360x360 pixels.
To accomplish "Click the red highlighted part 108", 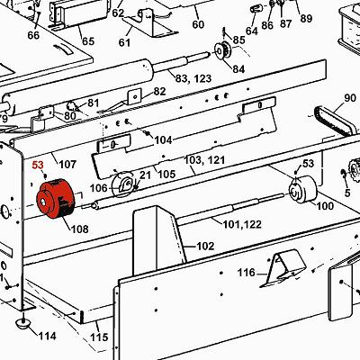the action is [55, 199].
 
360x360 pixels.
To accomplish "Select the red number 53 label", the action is [38, 165].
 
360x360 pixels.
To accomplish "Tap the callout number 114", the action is [47, 336].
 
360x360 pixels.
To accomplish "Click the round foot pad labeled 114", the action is [22, 323].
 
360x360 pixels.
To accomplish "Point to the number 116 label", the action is [246, 273].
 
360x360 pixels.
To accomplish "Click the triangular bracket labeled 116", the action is [282, 268].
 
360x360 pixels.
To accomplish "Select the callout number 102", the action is [205, 247].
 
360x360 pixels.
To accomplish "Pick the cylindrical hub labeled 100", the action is [302, 190].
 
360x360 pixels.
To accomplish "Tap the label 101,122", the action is [242, 224].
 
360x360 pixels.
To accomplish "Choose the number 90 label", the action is [350, 98].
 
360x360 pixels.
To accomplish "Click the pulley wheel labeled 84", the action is [222, 51].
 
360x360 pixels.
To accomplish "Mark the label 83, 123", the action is [193, 78].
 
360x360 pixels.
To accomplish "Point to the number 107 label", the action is [67, 165].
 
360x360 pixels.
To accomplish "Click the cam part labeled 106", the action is [122, 184].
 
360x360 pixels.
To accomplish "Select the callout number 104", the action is [163, 139].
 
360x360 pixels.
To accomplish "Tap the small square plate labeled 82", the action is [135, 96].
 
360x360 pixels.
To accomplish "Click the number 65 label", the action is [88, 41].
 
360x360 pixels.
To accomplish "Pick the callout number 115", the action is [99, 337].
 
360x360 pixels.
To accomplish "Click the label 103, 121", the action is [204, 159].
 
